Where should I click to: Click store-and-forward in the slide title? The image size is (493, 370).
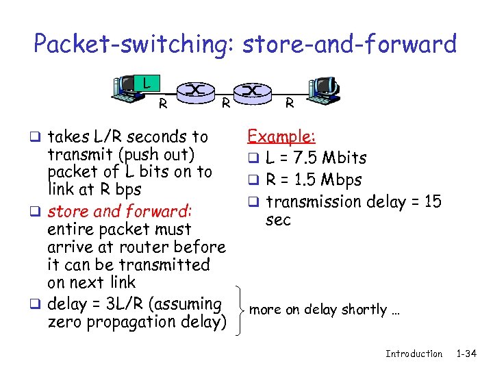pos(347,45)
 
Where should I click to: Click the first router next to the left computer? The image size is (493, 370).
pos(196,91)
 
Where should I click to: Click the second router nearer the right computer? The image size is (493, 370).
pos(252,91)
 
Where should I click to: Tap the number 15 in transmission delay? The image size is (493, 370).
pos(433,201)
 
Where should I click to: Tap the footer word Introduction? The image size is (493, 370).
pos(414,354)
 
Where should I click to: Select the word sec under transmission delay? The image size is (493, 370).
pos(278,220)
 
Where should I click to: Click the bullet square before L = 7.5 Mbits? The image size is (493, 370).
pos(252,160)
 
